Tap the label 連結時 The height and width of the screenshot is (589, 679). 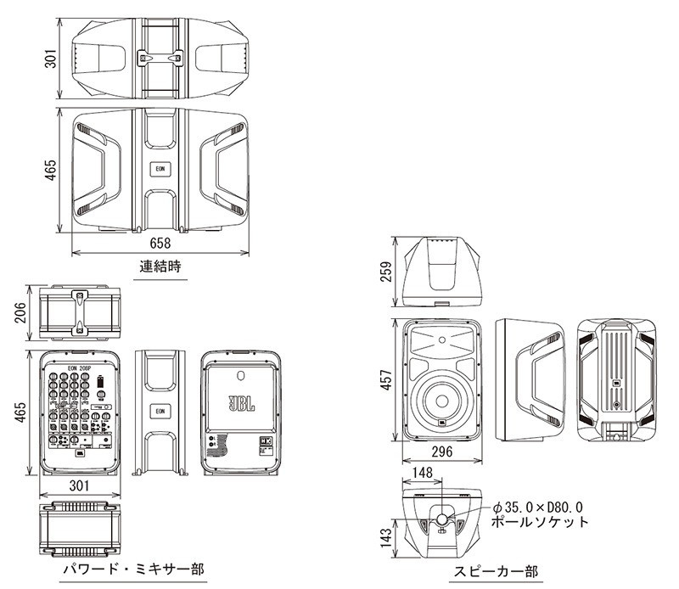click(x=160, y=266)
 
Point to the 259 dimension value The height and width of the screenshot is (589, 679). click(x=387, y=271)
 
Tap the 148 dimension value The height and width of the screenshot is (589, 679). click(x=424, y=472)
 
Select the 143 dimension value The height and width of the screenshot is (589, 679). click(x=387, y=538)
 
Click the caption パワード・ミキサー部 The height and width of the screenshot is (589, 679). click(x=134, y=568)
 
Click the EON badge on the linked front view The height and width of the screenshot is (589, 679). click(x=160, y=168)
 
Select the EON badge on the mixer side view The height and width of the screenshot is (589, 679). click(x=160, y=412)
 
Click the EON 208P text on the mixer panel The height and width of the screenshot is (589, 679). click(x=81, y=368)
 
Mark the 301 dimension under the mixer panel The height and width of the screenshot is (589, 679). click(x=78, y=486)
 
